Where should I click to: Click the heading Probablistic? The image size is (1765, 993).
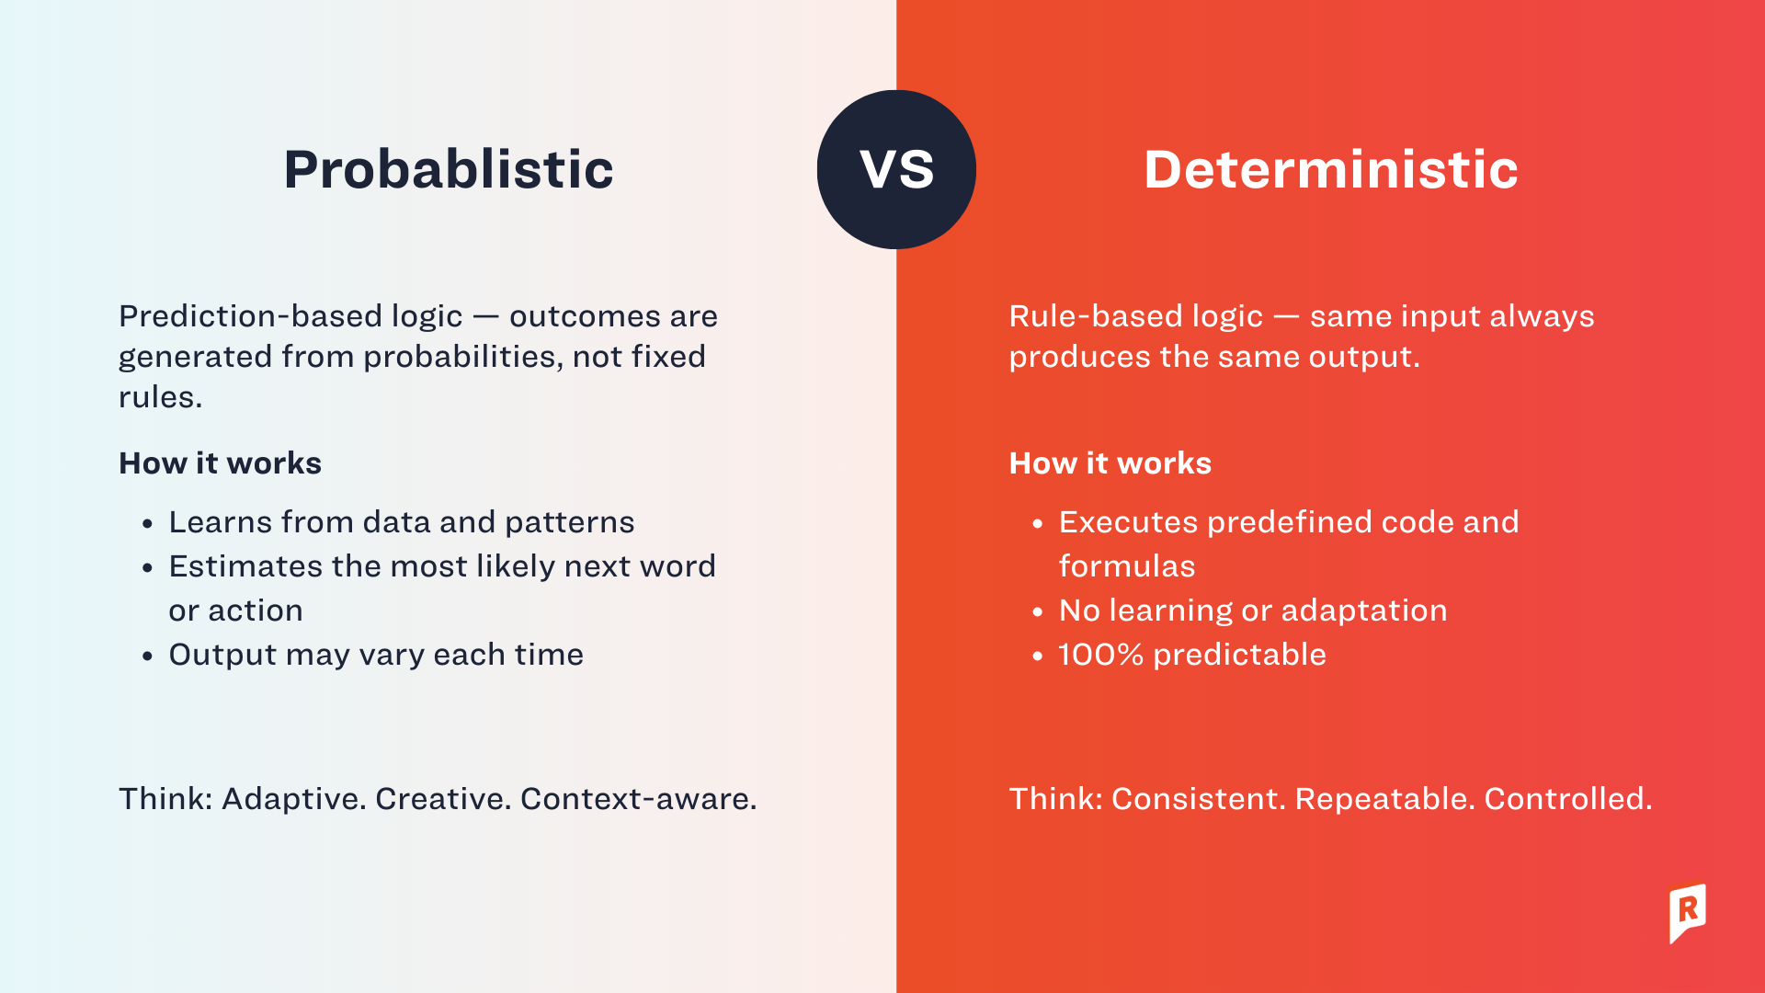448,170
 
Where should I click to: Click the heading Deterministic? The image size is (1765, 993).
1330,170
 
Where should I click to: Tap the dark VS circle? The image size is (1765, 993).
896,169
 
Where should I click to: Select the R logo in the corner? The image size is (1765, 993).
1688,912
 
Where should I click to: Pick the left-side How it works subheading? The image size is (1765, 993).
220,463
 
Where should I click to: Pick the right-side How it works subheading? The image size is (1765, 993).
1110,463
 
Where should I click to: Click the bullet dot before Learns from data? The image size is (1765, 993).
148,524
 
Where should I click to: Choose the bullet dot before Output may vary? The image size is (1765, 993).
148,656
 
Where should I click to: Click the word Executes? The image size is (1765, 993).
1128,522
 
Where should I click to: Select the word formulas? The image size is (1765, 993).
1126,566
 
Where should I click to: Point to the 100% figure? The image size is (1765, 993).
1100,655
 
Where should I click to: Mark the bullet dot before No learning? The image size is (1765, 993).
1038,612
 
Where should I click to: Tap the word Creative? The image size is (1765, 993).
442,799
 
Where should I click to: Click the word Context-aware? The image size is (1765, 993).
638,799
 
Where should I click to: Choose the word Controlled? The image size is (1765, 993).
1567,799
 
